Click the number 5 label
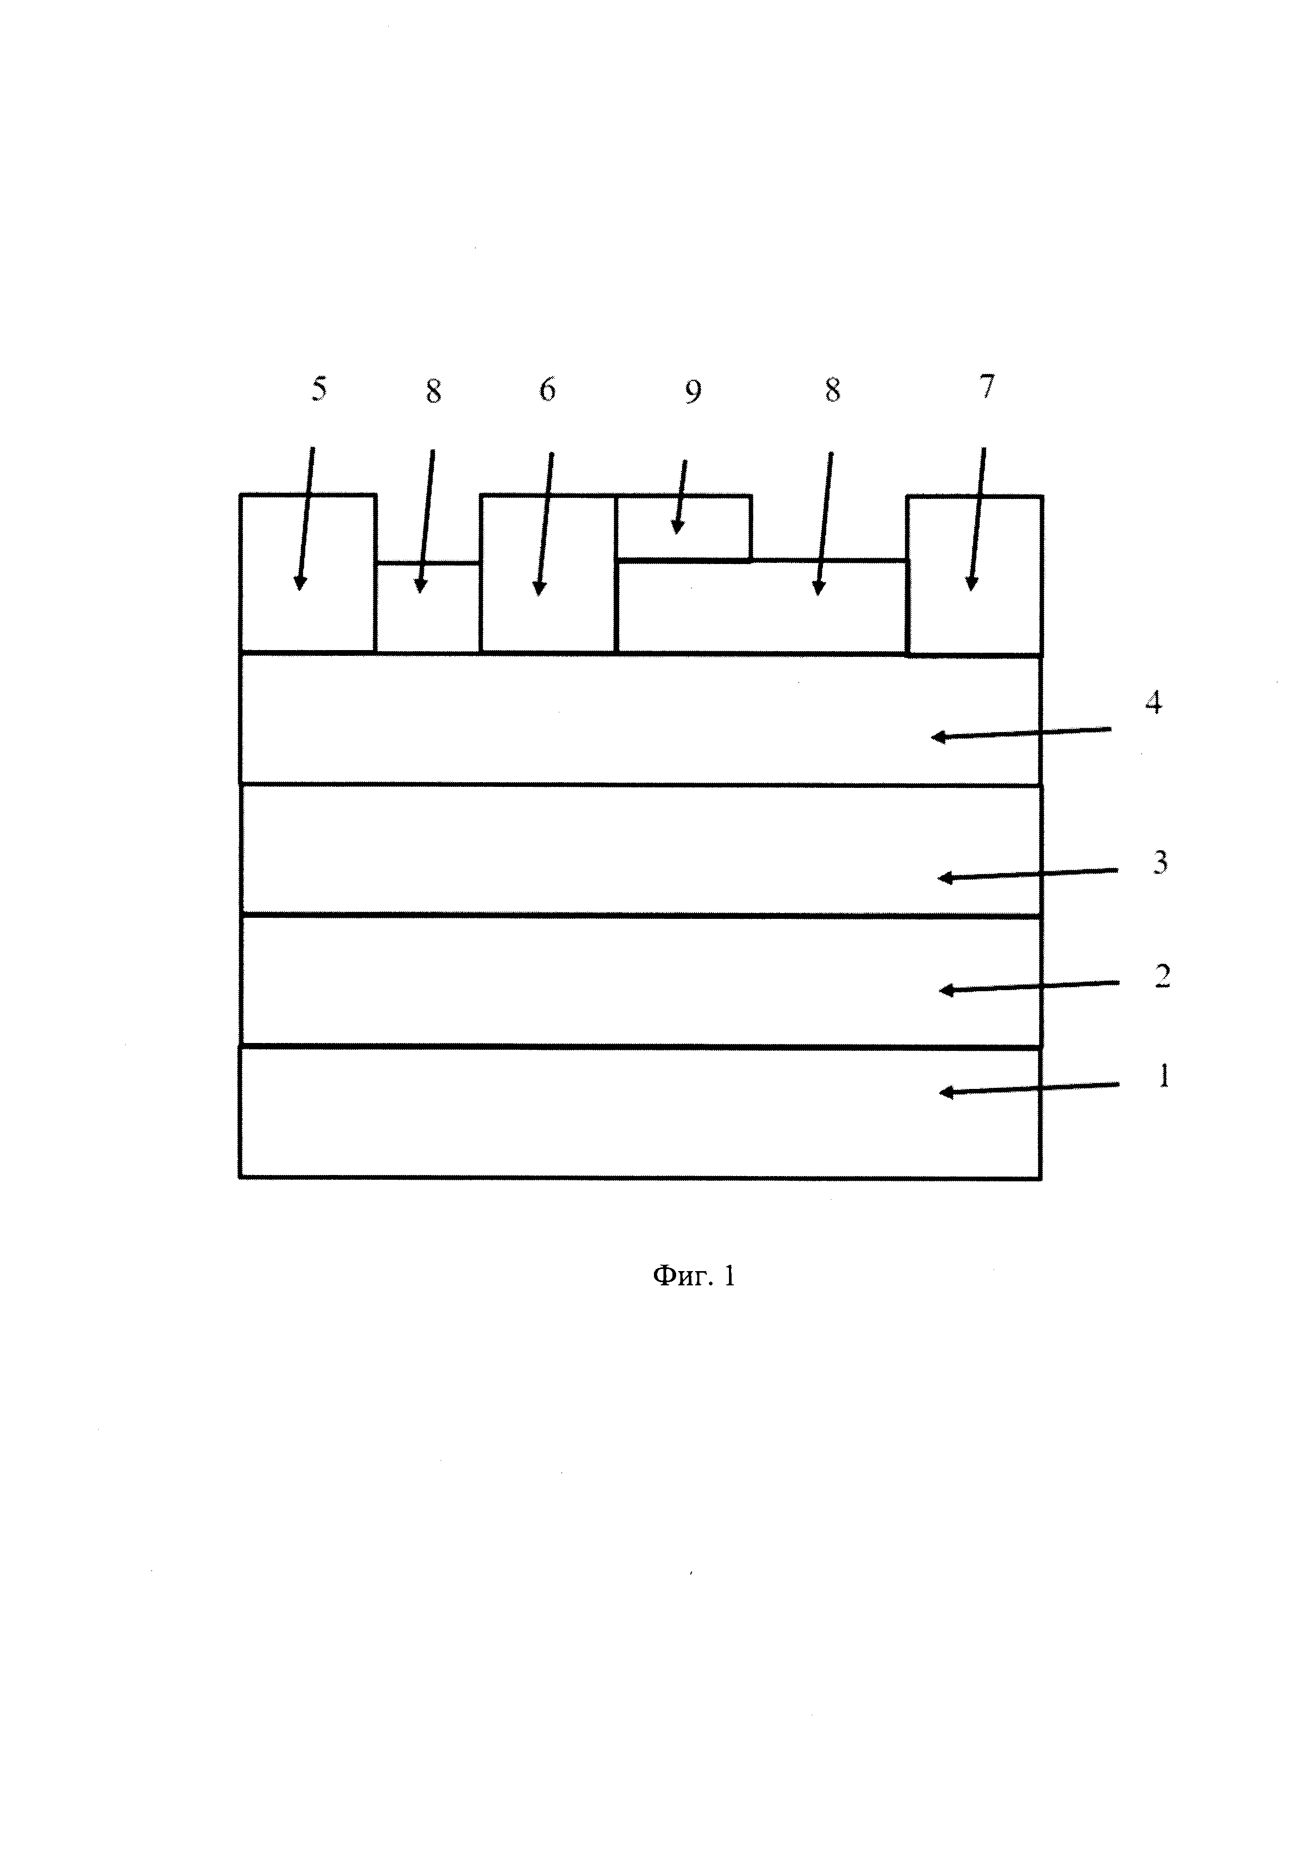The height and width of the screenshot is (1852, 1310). tap(320, 390)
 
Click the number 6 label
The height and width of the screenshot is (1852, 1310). tap(548, 390)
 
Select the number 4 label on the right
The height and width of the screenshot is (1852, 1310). tap(1154, 703)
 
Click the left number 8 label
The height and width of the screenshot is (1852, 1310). tap(434, 392)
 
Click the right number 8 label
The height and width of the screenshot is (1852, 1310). tap(832, 390)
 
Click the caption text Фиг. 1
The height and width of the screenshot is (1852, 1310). tap(694, 1276)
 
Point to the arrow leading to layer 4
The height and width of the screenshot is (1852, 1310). tap(1021, 733)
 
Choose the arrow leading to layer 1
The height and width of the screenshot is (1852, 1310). tap(1030, 1089)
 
